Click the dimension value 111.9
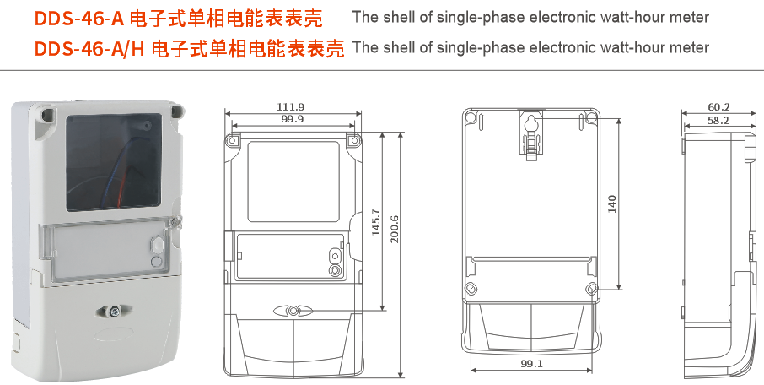(292, 107)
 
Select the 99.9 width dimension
(292, 120)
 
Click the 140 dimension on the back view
(613, 203)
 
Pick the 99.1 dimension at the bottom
(531, 364)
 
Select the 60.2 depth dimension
(718, 107)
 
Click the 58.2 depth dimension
(718, 121)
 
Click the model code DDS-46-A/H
(90, 49)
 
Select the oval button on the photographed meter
(156, 246)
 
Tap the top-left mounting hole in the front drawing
(232, 138)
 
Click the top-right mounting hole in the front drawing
(353, 138)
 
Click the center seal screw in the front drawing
(292, 311)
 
